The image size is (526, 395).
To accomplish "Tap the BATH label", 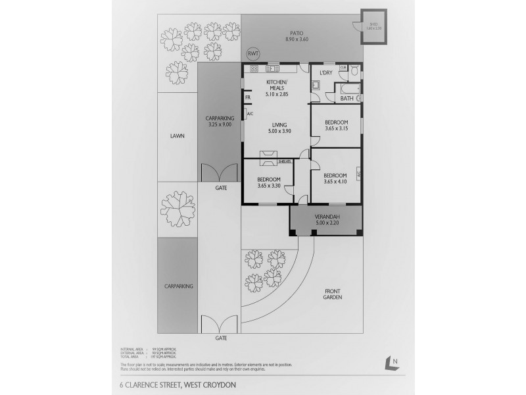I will (347, 99).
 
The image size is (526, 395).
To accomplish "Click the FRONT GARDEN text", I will (333, 293).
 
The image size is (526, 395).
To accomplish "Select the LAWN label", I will (177, 136).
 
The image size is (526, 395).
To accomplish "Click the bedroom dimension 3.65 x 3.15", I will (336, 128).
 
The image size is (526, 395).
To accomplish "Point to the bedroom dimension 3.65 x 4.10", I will (336, 181).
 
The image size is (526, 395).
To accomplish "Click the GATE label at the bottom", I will (221, 338).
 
